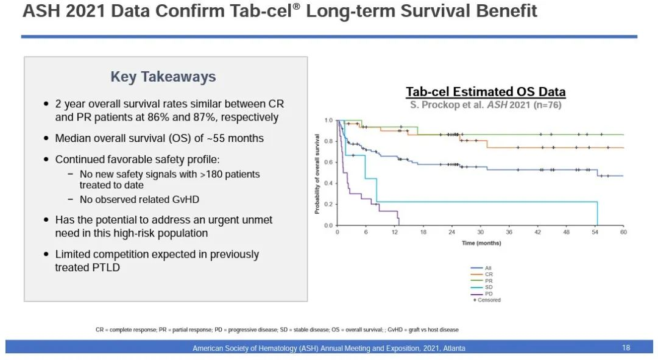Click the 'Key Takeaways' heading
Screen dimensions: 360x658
click(163, 77)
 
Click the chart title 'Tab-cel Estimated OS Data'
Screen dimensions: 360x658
click(486, 92)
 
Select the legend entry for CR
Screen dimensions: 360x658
click(489, 274)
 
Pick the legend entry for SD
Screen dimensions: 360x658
click(489, 287)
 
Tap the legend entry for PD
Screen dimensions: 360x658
click(489, 294)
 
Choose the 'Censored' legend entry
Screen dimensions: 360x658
click(487, 300)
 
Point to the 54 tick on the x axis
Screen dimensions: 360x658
click(595, 232)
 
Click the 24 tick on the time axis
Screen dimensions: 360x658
click(451, 232)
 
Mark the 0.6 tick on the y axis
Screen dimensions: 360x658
click(329, 162)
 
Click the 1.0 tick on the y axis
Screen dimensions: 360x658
click(329, 121)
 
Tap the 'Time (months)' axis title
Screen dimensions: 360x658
click(481, 243)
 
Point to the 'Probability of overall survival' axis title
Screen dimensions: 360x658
click(317, 174)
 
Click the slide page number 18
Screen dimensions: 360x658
click(626, 348)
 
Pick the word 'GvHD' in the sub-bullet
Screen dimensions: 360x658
click(185, 199)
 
